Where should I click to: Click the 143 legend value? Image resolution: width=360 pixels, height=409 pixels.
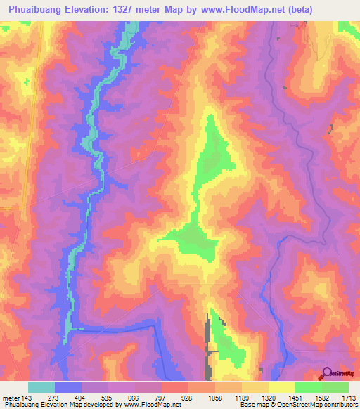[x=27, y=398]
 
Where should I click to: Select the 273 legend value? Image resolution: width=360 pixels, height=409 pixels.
[x=53, y=398]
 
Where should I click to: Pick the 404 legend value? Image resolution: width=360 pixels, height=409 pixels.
[x=80, y=398]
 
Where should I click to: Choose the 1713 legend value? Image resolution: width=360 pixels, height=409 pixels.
[x=349, y=398]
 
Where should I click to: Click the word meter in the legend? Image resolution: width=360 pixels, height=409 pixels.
[x=11, y=398]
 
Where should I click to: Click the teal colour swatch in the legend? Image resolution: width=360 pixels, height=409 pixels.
[x=41, y=387]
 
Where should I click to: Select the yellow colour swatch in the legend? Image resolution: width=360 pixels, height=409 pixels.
[x=282, y=387]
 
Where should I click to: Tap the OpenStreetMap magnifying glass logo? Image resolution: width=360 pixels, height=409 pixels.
[x=327, y=374]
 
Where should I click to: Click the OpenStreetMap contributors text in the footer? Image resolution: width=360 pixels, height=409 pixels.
[x=318, y=405]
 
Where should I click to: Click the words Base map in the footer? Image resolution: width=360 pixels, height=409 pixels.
[x=250, y=405]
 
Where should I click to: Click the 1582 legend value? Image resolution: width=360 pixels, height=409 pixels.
[x=322, y=398]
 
